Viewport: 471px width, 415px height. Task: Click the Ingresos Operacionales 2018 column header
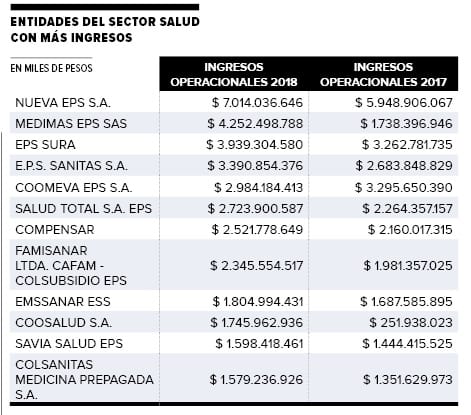(234, 74)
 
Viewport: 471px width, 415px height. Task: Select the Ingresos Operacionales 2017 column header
(383, 74)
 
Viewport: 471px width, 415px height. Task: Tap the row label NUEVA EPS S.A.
(63, 103)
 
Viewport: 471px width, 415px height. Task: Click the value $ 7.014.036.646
(257, 103)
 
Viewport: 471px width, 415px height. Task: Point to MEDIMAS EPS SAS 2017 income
(406, 124)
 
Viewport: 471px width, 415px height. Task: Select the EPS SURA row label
(45, 145)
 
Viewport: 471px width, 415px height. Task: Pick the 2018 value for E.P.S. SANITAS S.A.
(255, 166)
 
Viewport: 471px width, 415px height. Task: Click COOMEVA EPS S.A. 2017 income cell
(404, 188)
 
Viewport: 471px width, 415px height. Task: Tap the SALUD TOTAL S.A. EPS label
(83, 209)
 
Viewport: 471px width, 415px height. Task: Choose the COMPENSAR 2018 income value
(257, 230)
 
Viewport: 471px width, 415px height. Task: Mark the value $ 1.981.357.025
(408, 266)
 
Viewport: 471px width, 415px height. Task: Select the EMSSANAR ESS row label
(63, 302)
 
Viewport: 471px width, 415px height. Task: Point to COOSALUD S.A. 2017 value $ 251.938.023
(411, 323)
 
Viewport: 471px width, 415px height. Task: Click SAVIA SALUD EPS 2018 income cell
(259, 344)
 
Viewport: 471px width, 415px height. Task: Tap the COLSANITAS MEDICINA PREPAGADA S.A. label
(84, 380)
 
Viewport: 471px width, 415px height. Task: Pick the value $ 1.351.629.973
(408, 380)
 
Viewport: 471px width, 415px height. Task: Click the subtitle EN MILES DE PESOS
(51, 68)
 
